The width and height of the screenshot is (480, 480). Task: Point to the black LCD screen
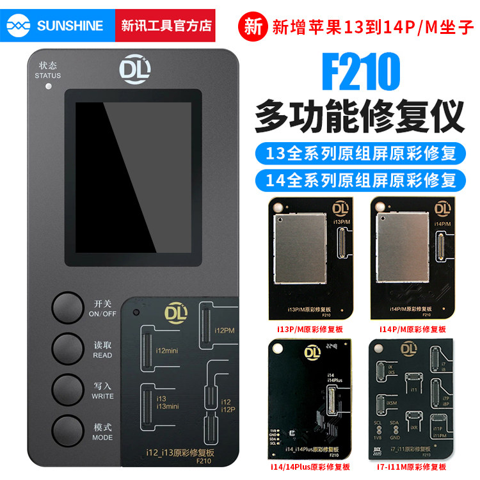tap(133, 177)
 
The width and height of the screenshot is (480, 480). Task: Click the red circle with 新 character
tap(252, 27)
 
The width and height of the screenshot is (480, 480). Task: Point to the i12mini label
tap(166, 351)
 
